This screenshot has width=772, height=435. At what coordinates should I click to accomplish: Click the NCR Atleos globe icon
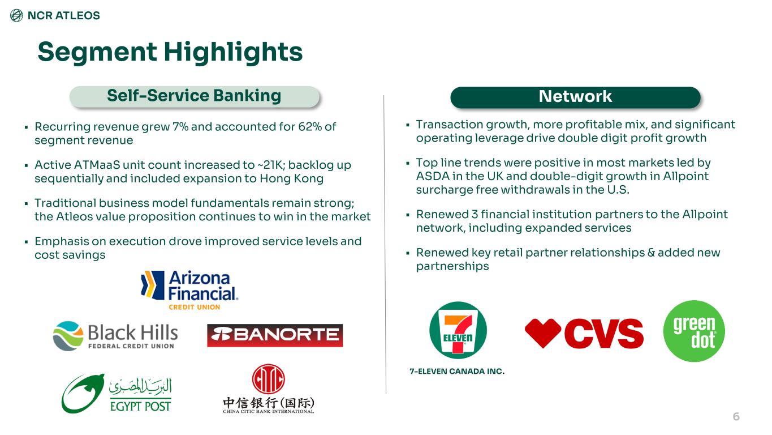[x=16, y=15]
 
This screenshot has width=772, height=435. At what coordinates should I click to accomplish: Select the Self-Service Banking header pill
[x=195, y=96]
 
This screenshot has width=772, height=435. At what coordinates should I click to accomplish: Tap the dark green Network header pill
[x=575, y=97]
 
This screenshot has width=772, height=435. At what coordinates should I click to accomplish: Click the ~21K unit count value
[x=271, y=165]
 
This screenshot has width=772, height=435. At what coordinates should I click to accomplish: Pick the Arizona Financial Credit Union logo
[x=189, y=290]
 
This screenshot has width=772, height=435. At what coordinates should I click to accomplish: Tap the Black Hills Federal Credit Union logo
[x=115, y=336]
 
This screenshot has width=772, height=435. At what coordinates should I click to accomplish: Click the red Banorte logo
[x=275, y=335]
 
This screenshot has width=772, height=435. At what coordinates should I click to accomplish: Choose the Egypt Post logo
[x=117, y=394]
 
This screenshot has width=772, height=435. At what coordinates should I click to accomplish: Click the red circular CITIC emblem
[x=268, y=379]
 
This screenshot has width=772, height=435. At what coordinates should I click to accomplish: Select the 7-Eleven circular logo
[x=458, y=330]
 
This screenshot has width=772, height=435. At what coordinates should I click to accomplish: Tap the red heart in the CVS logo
[x=543, y=333]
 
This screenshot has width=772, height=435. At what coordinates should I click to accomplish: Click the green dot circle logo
[x=694, y=331]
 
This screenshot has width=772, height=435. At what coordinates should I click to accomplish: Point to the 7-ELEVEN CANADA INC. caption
[x=457, y=372]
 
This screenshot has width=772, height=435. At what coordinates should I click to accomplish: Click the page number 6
[x=736, y=417]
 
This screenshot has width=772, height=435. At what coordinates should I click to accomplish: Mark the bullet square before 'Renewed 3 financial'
[x=408, y=215]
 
